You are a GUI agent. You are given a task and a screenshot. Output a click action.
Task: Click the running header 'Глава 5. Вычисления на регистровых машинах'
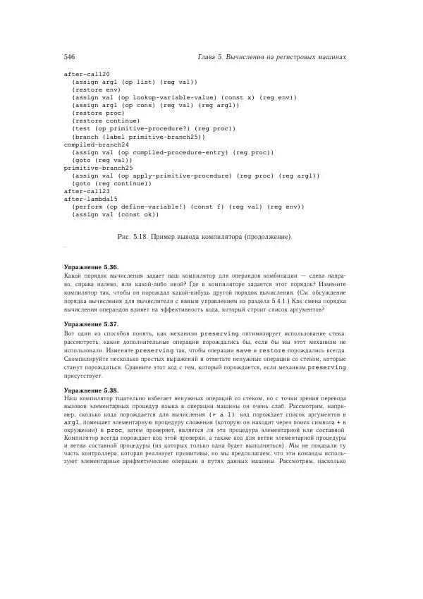[x=269, y=56]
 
